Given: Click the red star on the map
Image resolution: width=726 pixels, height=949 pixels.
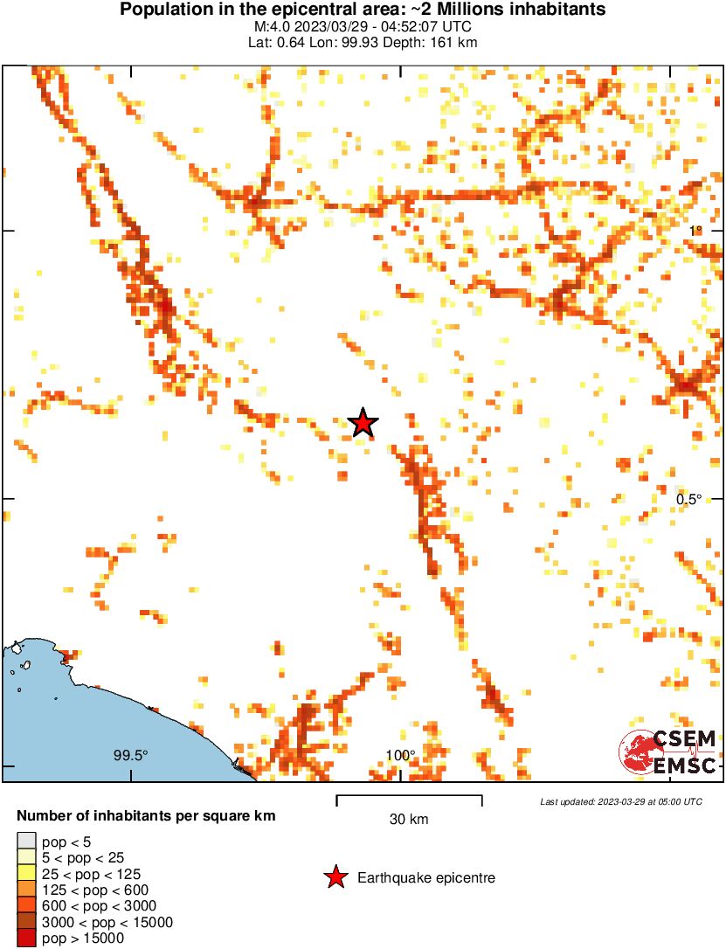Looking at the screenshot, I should click(363, 423).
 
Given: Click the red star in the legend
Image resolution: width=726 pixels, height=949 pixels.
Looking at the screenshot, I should click(335, 877).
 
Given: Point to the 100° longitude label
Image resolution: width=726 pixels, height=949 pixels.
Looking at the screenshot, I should click(400, 755).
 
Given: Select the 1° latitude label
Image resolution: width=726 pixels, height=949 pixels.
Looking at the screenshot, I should click(695, 231).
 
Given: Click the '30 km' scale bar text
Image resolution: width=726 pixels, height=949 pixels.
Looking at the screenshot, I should click(409, 820).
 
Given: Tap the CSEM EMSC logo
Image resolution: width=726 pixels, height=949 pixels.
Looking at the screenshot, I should click(668, 751).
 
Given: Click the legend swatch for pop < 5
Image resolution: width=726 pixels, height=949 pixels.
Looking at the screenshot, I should click(26, 842).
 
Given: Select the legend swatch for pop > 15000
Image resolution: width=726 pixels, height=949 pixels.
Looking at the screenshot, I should click(26, 939).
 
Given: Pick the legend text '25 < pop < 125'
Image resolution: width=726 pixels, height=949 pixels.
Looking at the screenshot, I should click(92, 874).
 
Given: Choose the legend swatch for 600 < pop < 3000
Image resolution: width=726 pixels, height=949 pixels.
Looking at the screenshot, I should click(26, 906).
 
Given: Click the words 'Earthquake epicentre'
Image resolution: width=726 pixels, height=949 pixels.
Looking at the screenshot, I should click(426, 877).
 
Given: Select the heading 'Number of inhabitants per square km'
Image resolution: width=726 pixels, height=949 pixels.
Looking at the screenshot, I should click(147, 816).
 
